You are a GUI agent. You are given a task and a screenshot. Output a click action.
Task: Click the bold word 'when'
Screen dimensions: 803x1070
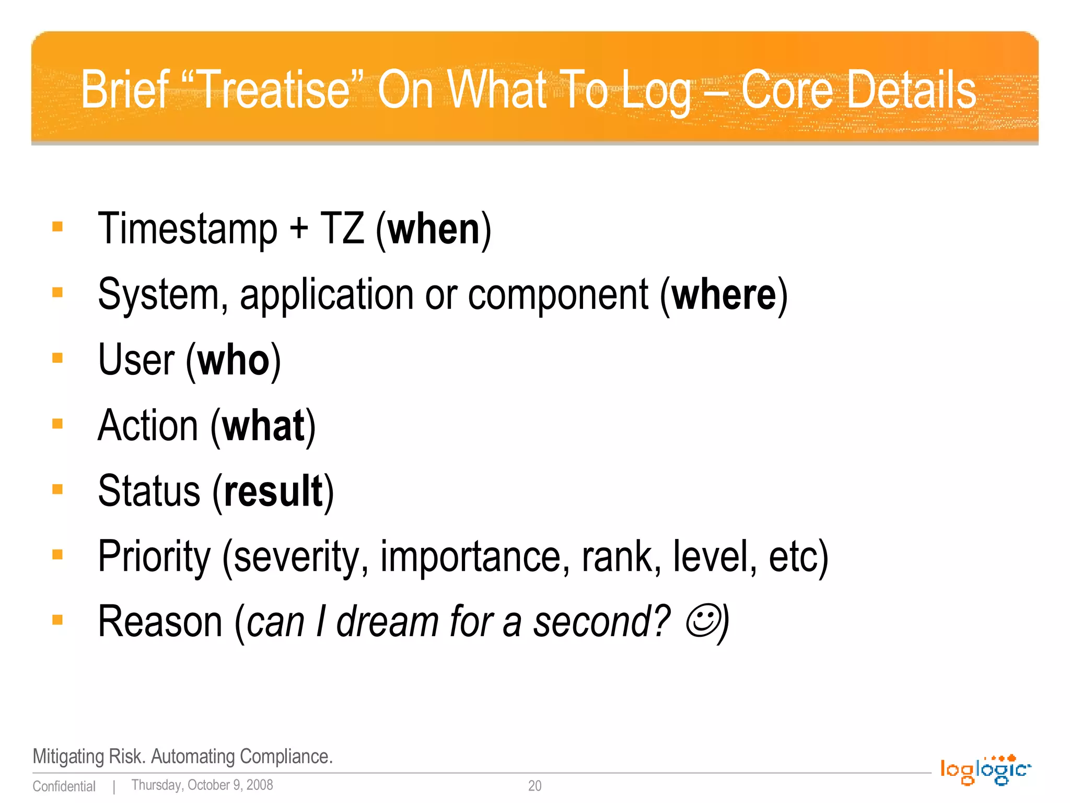[434, 230]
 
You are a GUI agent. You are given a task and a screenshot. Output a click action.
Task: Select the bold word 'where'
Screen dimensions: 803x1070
[724, 295]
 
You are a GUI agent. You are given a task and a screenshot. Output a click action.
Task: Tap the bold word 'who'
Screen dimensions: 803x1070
[234, 361]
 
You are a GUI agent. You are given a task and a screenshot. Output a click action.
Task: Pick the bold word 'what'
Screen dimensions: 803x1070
[263, 426]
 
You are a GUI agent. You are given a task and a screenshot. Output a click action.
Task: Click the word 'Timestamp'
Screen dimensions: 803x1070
[188, 230]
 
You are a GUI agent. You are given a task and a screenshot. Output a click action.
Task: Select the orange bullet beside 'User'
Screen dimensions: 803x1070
[57, 358]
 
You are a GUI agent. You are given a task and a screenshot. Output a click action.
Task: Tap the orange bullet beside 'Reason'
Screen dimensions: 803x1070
[57, 620]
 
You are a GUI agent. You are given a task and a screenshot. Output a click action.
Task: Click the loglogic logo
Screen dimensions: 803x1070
[985, 770]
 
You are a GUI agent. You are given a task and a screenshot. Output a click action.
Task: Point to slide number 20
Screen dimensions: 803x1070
[534, 786]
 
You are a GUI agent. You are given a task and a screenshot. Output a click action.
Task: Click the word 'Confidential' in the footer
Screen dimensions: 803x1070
[64, 786]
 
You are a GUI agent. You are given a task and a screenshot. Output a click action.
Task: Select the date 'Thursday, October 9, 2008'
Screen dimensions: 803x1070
[202, 785]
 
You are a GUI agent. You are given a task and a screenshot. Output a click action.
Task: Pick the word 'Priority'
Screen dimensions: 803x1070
[154, 557]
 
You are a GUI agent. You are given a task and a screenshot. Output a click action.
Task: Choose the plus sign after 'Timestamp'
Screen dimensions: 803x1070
[299, 230]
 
